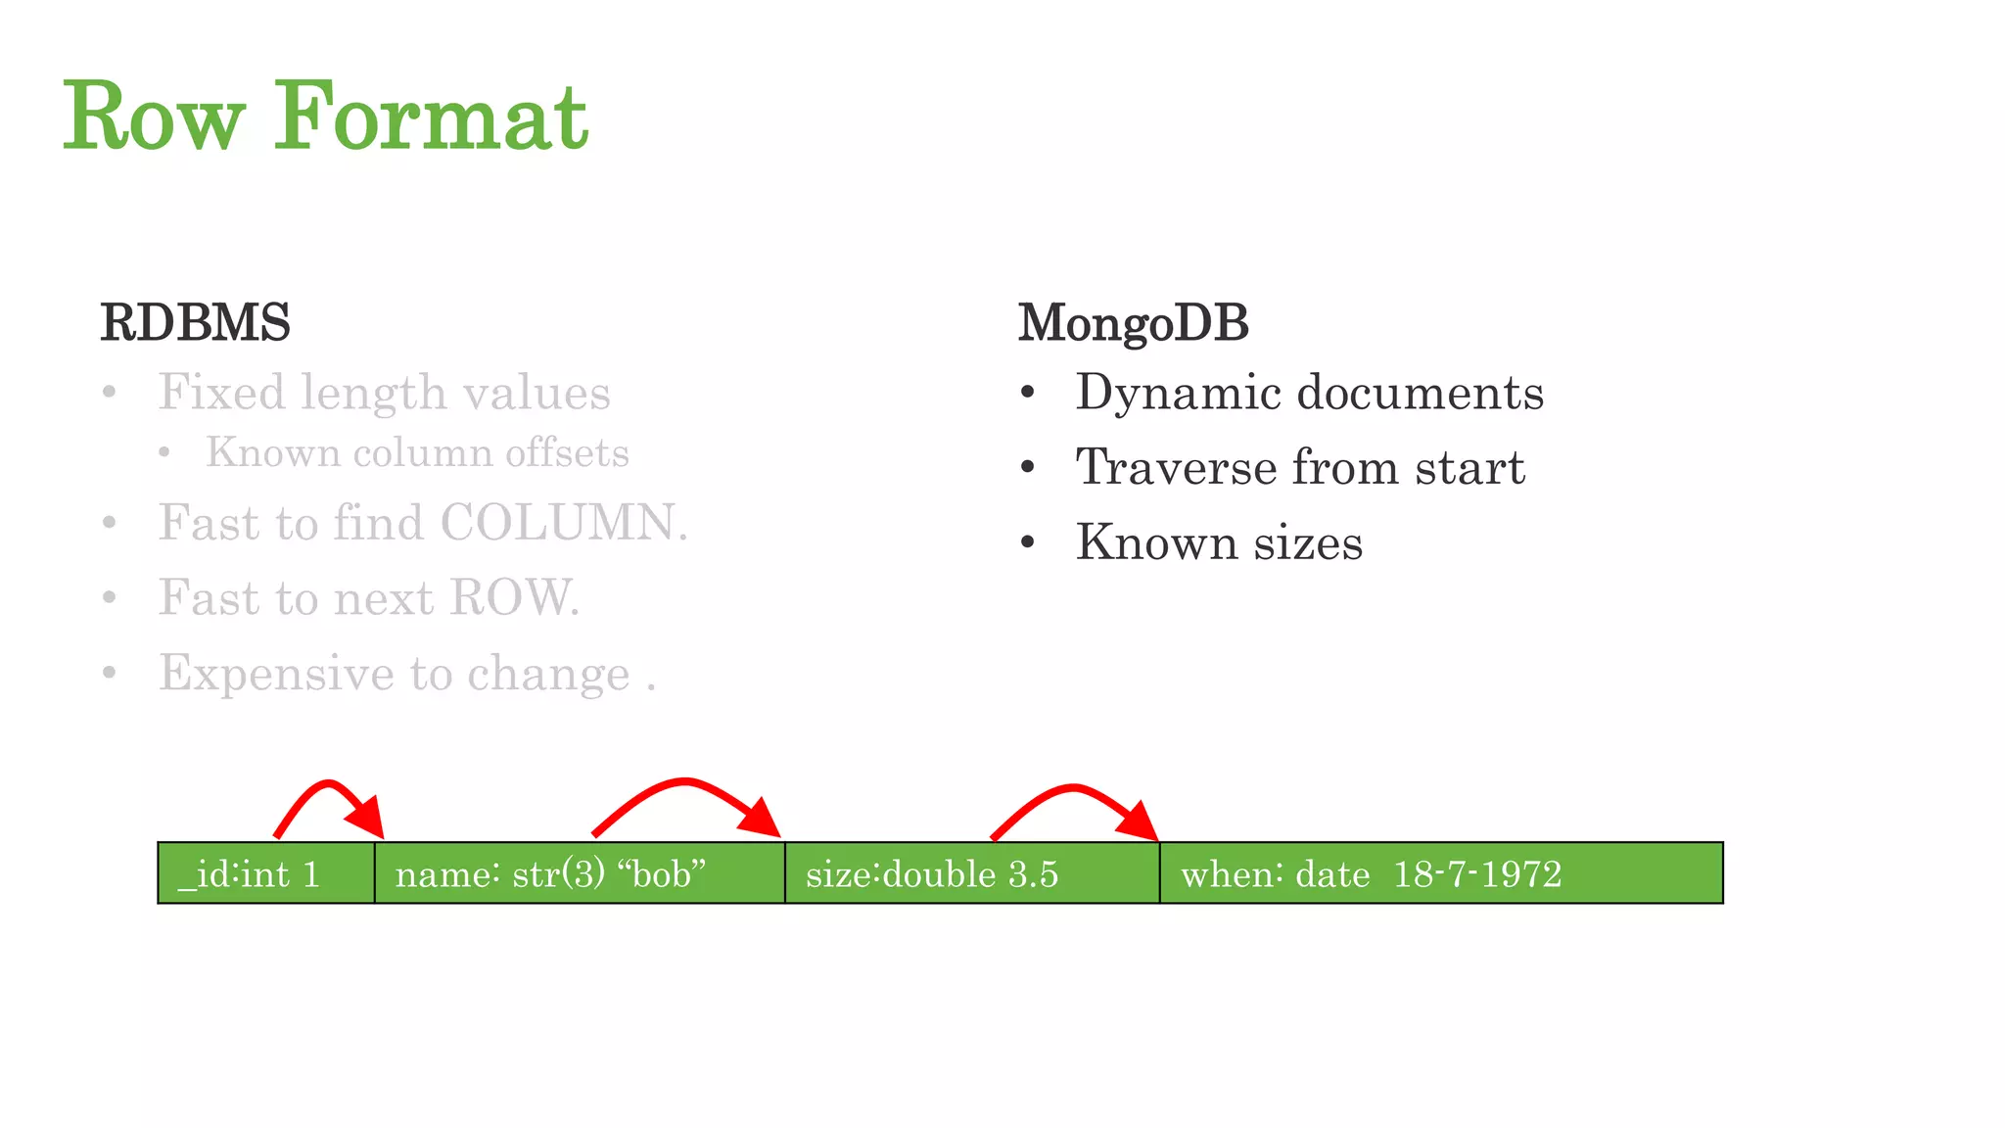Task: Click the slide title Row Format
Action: (325, 117)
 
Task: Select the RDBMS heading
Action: (195, 323)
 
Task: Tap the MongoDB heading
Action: (1133, 323)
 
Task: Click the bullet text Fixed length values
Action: (384, 393)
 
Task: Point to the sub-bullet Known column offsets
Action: (417, 453)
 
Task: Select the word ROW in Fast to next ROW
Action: (513, 597)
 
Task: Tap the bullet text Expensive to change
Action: (394, 674)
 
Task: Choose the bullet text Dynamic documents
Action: (1309, 393)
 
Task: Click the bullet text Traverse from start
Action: (1300, 467)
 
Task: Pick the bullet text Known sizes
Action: (1219, 542)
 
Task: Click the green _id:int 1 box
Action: (265, 873)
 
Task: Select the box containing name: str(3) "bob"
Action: (579, 873)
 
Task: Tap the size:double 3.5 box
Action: (971, 873)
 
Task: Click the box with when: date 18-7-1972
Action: (1440, 873)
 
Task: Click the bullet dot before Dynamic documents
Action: (1027, 394)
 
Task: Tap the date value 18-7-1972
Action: (1476, 873)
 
